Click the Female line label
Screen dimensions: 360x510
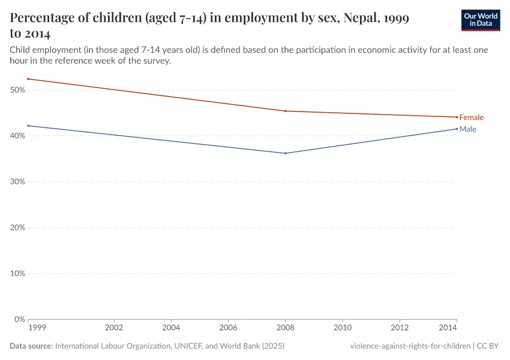471,118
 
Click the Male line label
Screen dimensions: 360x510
467,129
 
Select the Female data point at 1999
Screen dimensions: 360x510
28,79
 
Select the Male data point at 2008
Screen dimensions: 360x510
285,153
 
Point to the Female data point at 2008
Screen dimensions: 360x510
285,111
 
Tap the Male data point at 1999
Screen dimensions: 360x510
28,125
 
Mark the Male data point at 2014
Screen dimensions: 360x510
457,128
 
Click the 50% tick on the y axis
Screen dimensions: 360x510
17,90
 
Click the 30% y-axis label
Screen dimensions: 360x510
17,182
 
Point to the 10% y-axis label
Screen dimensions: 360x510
17,274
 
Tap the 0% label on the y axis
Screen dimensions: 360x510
19,319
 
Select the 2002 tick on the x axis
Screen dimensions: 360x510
114,328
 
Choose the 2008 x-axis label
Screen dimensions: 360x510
285,328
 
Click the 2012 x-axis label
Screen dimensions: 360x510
400,328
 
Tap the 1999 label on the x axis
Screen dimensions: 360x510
36,328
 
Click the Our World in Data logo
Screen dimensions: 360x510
481,20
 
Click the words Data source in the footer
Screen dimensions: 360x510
31,346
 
